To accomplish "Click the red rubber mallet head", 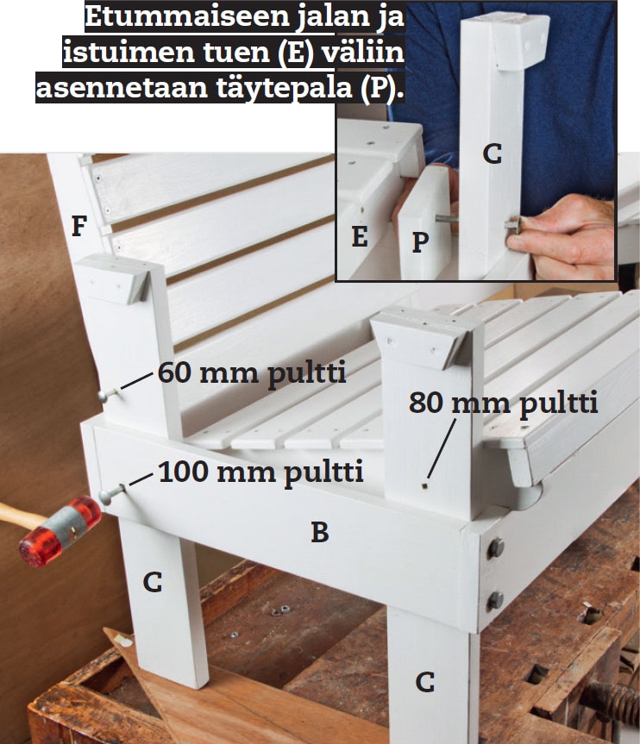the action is [60, 531].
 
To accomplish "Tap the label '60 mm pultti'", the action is [252, 373].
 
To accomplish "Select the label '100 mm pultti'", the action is [260, 472].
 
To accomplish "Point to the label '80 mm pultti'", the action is [503, 403].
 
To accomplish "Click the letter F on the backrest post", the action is [79, 226].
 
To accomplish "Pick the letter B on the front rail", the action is [320, 532].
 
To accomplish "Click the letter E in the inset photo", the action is [360, 236].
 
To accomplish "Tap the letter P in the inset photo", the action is [421, 242].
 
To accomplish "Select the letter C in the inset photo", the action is [493, 154].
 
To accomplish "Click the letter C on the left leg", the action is [153, 582].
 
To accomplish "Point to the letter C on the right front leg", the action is [425, 682].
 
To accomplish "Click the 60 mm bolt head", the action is [103, 396].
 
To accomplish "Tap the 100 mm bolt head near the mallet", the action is [106, 497].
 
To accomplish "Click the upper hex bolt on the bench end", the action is [495, 548].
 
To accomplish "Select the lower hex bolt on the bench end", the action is [495, 601].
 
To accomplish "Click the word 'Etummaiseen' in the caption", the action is [187, 16].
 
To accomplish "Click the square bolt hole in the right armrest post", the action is [424, 485].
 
